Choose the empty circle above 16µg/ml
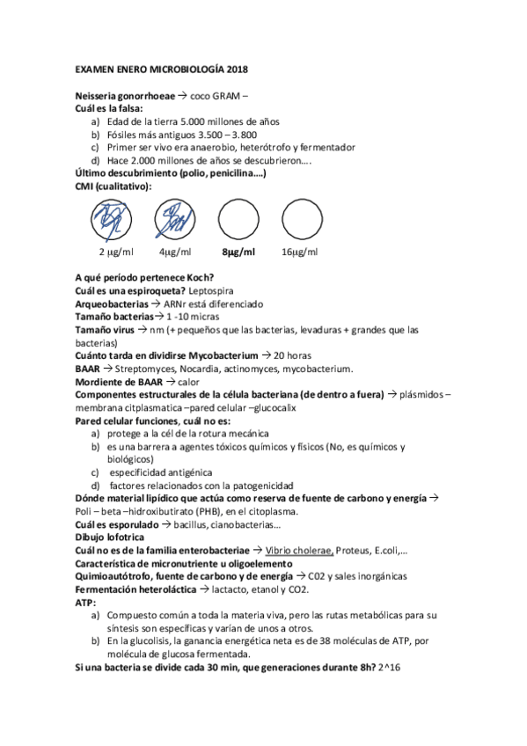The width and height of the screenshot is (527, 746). pos(299,217)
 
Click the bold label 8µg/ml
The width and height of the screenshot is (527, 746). pos(238,252)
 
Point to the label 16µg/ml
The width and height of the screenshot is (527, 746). pos(299,252)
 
